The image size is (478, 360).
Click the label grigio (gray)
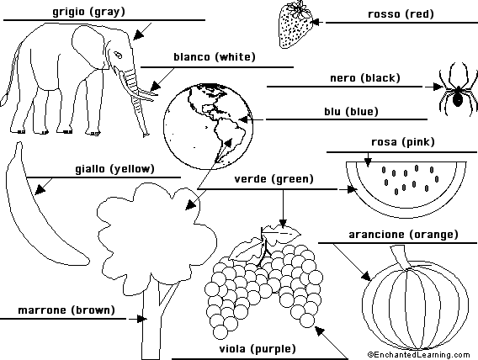(88, 12)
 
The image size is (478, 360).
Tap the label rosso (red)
(401, 14)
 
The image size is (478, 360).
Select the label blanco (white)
(215, 57)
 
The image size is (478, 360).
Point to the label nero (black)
(365, 78)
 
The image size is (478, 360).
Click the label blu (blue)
(351, 112)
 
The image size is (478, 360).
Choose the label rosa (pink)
(403, 142)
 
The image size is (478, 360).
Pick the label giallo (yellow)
(114, 169)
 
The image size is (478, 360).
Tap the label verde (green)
(274, 179)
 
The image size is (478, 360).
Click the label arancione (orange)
(403, 235)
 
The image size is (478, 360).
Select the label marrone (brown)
(66, 310)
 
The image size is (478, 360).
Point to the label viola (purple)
(258, 349)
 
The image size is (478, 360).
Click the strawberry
(295, 25)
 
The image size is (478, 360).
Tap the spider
(457, 90)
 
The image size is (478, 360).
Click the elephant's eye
(118, 55)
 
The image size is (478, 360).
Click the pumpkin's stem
(401, 258)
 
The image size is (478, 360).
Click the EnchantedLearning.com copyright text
(419, 355)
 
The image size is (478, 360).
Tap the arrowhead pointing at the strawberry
(316, 22)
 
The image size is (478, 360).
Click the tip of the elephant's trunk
(146, 135)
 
